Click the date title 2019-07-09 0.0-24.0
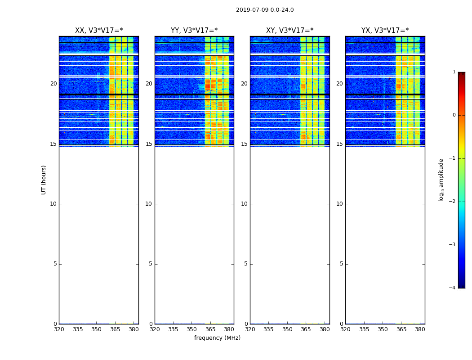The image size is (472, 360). click(x=265, y=10)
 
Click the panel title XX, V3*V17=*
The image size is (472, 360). click(x=99, y=31)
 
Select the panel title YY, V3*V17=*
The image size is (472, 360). click(x=194, y=31)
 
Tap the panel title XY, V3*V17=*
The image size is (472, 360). click(x=289, y=31)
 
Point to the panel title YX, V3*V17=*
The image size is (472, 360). click(x=385, y=31)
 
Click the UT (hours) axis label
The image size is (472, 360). click(x=44, y=180)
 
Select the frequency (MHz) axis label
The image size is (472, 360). click(x=217, y=338)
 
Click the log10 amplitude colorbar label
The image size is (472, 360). click(x=441, y=180)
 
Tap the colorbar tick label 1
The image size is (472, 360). click(x=454, y=72)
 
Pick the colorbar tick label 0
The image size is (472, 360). click(x=454, y=115)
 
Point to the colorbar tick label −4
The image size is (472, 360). click(x=452, y=288)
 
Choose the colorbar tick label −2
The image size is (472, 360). click(x=452, y=202)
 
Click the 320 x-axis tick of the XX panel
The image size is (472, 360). click(x=59, y=329)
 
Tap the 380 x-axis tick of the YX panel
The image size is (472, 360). click(x=420, y=329)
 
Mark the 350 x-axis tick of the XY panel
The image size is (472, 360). click(x=287, y=329)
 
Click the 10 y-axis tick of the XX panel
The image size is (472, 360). click(x=53, y=204)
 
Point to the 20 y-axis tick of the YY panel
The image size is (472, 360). click(x=149, y=84)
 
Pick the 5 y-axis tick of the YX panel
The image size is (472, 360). click(x=342, y=264)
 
